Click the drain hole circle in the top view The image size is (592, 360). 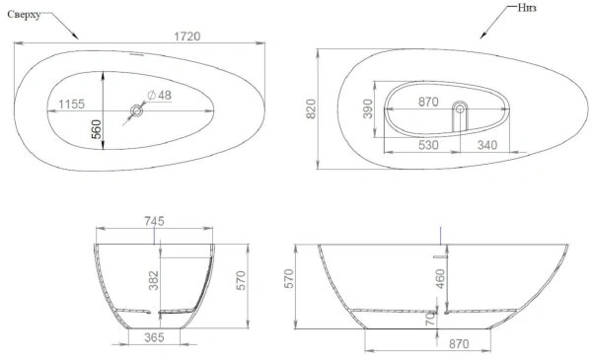pos(136,112)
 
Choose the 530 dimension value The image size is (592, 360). pos(426,146)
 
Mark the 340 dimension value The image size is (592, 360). pos(486,146)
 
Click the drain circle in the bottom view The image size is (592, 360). pos(459,108)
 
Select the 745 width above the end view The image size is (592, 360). pos(154,221)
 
